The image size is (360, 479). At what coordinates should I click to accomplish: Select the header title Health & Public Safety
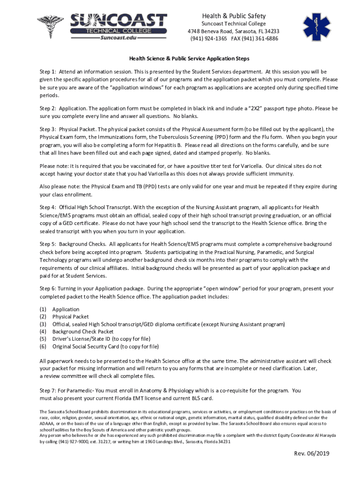pyautogui.click(x=233, y=15)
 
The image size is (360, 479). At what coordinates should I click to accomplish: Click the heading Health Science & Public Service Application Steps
pyautogui.click(x=189, y=59)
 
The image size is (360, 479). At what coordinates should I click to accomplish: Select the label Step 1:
pyautogui.click(x=48, y=72)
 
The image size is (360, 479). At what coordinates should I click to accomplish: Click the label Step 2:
pyautogui.click(x=48, y=108)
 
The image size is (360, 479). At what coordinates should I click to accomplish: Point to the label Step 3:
pyautogui.click(x=48, y=129)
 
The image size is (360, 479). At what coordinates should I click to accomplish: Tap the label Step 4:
pyautogui.click(x=48, y=207)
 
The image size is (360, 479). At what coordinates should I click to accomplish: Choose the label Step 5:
pyautogui.click(x=48, y=244)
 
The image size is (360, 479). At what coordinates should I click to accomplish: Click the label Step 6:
pyautogui.click(x=48, y=288)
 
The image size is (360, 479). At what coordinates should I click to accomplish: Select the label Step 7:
pyautogui.click(x=48, y=390)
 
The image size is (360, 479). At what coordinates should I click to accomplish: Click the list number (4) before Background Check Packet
pyautogui.click(x=43, y=332)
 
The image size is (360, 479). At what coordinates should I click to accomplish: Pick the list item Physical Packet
pyautogui.click(x=71, y=317)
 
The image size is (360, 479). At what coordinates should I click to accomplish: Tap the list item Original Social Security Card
pyautogui.click(x=106, y=347)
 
